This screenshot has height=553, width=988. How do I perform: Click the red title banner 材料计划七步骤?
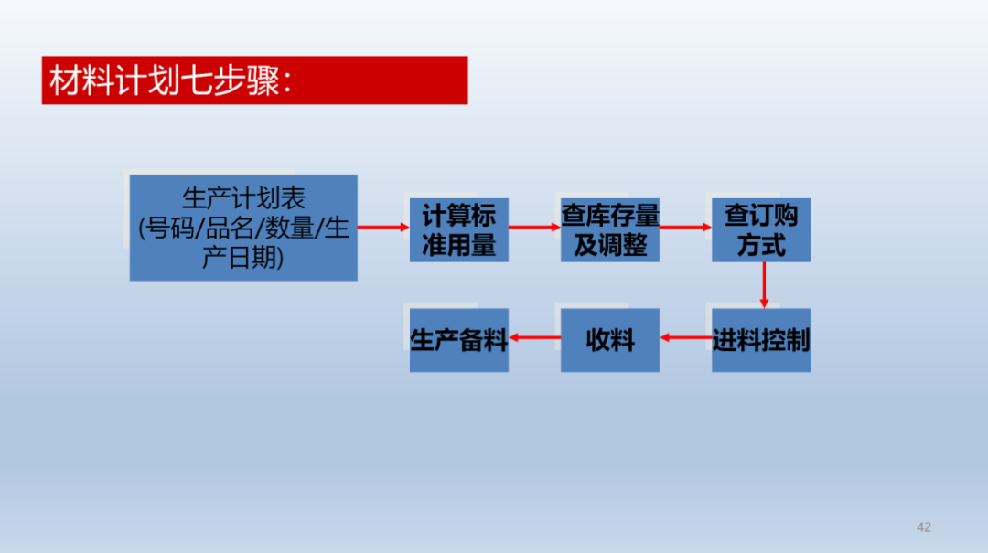point(254,80)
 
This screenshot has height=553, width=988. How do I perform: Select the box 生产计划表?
point(243,228)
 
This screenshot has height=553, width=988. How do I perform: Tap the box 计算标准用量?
point(458,230)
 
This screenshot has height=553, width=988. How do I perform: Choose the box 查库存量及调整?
point(610,230)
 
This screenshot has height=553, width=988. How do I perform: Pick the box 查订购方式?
point(761,230)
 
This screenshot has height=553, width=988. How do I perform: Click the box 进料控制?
point(761,340)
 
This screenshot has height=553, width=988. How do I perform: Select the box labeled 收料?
point(610,340)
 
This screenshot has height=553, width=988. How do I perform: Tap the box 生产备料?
point(458,340)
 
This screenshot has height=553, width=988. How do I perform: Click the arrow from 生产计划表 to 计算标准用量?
point(383,227)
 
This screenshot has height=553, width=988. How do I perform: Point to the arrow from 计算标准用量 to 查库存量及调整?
point(534,227)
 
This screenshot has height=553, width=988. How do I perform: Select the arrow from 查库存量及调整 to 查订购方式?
point(685,227)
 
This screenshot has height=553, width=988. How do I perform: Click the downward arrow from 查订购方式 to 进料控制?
point(764,285)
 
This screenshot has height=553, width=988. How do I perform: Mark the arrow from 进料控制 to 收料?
point(685,337)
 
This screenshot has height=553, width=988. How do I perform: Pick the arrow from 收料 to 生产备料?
point(534,337)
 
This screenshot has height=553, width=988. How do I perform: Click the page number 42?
point(924,527)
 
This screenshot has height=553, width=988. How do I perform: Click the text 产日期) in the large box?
point(243,257)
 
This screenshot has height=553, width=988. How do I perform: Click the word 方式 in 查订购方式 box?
point(761,245)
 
